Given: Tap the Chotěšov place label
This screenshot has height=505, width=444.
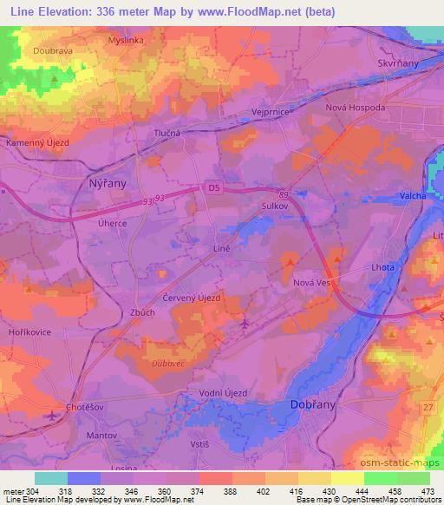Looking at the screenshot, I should pos(89,407).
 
